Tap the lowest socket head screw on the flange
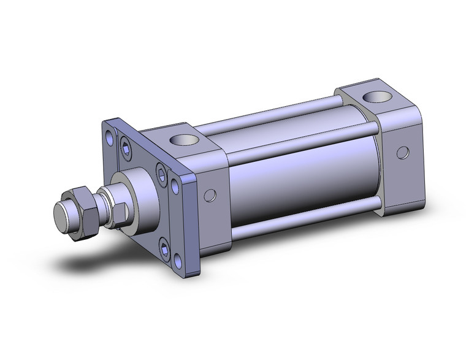coord(164,248)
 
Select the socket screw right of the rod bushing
coord(162,174)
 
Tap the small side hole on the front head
coord(210,196)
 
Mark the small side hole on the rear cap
coord(402,151)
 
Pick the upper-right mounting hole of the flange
coord(177,183)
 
